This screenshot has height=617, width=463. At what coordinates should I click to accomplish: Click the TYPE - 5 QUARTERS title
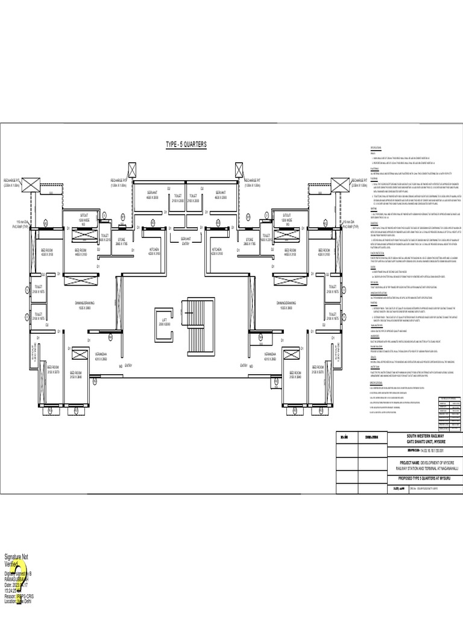coord(186,145)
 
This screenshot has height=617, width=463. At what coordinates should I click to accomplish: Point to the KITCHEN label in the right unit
coord(218,251)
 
